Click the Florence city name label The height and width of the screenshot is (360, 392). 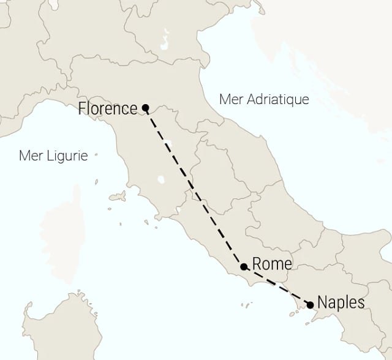pyautogui.click(x=108, y=109)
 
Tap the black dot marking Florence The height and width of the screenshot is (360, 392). pyautogui.click(x=145, y=108)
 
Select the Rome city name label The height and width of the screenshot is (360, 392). pyautogui.click(x=272, y=264)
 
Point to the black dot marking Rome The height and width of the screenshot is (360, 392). pyautogui.click(x=244, y=267)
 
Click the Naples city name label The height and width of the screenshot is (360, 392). pyautogui.click(x=341, y=302)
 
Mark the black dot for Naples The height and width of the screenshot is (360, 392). pyautogui.click(x=310, y=304)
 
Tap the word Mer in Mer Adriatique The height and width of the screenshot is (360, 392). pyautogui.click(x=230, y=99)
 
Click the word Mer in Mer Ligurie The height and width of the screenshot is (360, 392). pyautogui.click(x=31, y=156)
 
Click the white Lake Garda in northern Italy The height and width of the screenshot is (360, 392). pyautogui.click(x=164, y=43)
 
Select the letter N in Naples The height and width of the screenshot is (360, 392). pyautogui.click(x=322, y=302)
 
